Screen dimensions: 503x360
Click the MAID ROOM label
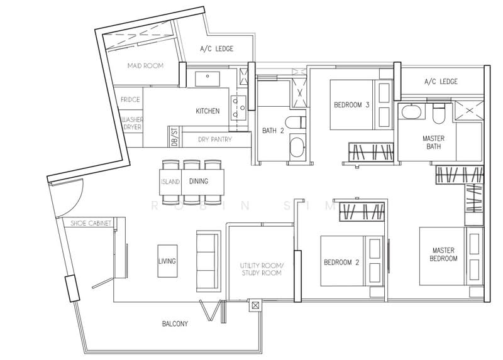click(145, 66)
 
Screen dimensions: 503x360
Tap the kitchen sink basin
click(207, 79)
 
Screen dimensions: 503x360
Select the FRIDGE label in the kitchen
click(130, 100)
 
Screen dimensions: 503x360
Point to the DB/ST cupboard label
click(175, 137)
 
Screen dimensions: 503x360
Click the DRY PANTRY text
click(215, 139)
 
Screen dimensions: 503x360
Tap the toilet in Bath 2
click(295, 123)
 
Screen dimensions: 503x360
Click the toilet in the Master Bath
click(438, 113)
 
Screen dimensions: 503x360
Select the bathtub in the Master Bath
click(411, 112)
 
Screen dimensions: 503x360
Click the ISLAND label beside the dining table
click(170, 182)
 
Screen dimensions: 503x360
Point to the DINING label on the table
click(199, 181)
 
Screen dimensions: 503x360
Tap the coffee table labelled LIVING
click(167, 261)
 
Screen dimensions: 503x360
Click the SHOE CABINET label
click(91, 223)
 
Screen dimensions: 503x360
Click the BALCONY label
click(175, 324)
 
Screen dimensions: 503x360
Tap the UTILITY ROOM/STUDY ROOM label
click(262, 270)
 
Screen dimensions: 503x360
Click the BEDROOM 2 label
click(341, 263)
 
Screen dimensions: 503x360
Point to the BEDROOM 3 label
click(351, 105)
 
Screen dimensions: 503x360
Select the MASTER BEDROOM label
click(443, 254)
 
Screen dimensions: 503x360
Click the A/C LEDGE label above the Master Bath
click(441, 82)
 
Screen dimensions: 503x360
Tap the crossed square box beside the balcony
click(255, 305)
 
